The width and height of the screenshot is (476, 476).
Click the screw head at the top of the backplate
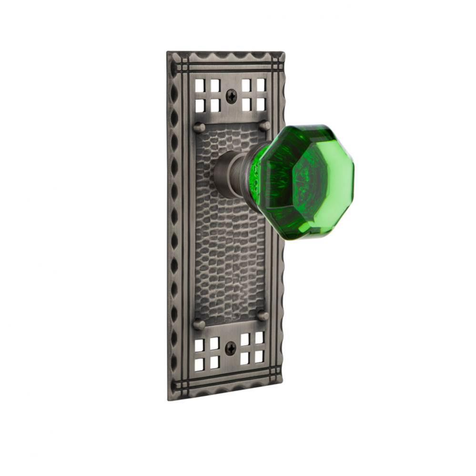click(231, 96)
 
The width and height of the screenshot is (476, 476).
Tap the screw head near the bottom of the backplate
click(231, 349)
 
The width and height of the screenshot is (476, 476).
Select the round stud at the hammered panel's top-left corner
click(199, 128)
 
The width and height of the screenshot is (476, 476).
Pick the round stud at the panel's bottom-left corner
click(199, 324)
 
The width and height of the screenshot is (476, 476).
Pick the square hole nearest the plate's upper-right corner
click(261, 85)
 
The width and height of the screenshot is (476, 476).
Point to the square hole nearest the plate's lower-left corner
click(199, 364)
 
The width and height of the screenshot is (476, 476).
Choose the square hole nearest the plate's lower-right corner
click(259, 356)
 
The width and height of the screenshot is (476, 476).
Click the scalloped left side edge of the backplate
click(173, 224)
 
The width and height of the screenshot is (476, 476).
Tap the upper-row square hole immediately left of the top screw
click(215, 86)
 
